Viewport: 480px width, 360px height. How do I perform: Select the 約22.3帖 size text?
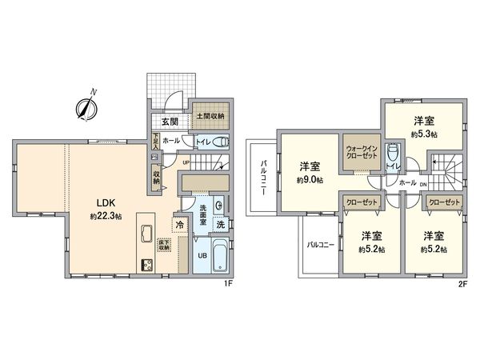click(105, 216)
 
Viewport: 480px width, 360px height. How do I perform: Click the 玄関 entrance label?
click(168, 122)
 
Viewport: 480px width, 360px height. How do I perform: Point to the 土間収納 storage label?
click(210, 115)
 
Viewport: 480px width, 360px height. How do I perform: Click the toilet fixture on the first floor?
click(222, 142)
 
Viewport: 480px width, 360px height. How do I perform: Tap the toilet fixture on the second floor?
click(393, 151)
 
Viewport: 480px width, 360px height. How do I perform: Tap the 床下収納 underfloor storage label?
click(163, 245)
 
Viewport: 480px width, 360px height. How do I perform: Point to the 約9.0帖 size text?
click(308, 180)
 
